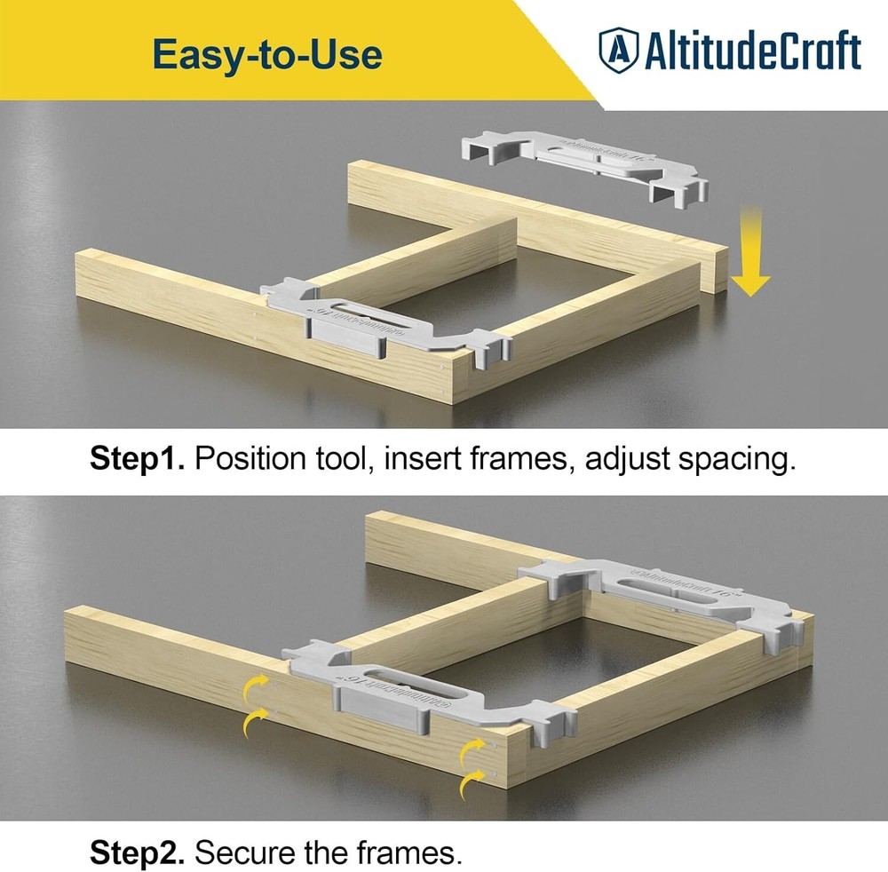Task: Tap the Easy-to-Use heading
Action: click(x=267, y=54)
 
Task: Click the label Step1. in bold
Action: click(x=137, y=460)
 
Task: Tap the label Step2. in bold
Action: click(x=137, y=854)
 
